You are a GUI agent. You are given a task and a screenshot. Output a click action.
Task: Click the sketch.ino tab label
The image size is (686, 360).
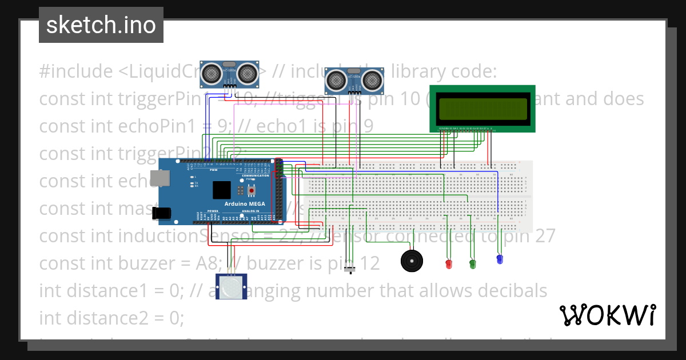point(101,25)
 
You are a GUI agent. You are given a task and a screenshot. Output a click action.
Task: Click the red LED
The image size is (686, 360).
point(448,264)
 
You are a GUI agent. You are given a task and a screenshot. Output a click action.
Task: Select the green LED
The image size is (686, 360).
point(472,263)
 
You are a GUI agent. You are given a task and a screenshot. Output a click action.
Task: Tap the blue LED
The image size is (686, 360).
point(500,259)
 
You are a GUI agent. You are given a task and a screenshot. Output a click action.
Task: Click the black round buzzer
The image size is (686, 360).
point(412,261)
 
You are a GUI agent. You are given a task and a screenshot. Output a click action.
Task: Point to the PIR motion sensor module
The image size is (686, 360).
point(232,287)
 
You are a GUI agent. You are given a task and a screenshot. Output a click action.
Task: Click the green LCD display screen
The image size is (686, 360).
point(482,108)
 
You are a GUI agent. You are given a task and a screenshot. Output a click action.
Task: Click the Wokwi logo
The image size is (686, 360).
point(607,315)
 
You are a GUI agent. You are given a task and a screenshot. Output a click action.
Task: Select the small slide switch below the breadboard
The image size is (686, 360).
point(352,269)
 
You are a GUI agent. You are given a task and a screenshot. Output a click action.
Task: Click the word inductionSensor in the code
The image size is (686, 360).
point(146,235)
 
